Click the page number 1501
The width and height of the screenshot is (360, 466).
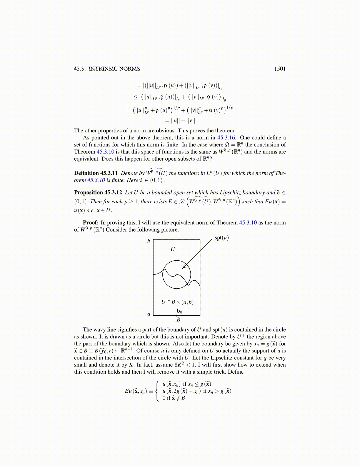[280, 69]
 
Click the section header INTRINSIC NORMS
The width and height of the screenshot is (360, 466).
[114, 69]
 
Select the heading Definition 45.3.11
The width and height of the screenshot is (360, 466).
[96, 173]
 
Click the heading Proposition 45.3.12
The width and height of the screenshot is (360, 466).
[98, 193]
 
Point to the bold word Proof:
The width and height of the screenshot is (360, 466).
[91, 223]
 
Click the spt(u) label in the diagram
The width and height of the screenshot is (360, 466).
[221, 238]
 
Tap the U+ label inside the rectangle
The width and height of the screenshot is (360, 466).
[175, 249]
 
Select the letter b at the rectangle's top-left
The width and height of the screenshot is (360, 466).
[149, 241]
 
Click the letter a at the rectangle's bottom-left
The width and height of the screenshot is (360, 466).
[149, 314]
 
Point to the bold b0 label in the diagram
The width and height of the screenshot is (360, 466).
[179, 311]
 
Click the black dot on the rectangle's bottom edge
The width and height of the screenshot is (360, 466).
[177, 315]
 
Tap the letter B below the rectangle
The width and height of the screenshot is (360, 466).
[178, 320]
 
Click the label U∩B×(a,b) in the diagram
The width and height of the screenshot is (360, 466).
[177, 302]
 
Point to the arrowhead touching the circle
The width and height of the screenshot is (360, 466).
[184, 267]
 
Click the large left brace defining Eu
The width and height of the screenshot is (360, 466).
[158, 391]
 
